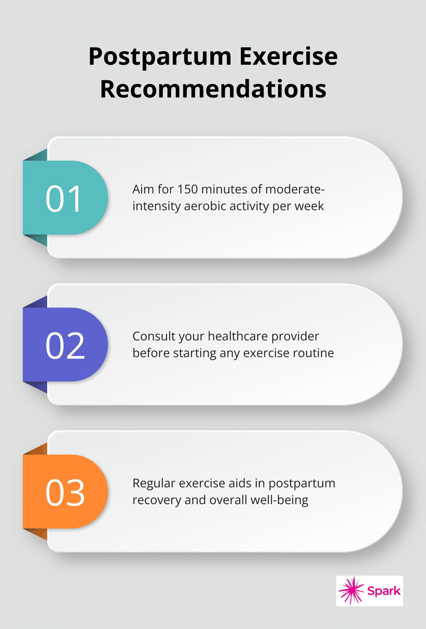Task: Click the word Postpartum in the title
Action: pyautogui.click(x=160, y=57)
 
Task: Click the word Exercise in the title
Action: pyautogui.click(x=289, y=56)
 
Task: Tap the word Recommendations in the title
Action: pyautogui.click(x=213, y=89)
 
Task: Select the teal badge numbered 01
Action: pyautogui.click(x=65, y=197)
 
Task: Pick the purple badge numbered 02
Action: pyautogui.click(x=65, y=345)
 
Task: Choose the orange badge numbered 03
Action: pyautogui.click(x=65, y=492)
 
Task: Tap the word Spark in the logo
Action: pyautogui.click(x=384, y=591)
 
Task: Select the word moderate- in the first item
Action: pyautogui.click(x=295, y=189)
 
